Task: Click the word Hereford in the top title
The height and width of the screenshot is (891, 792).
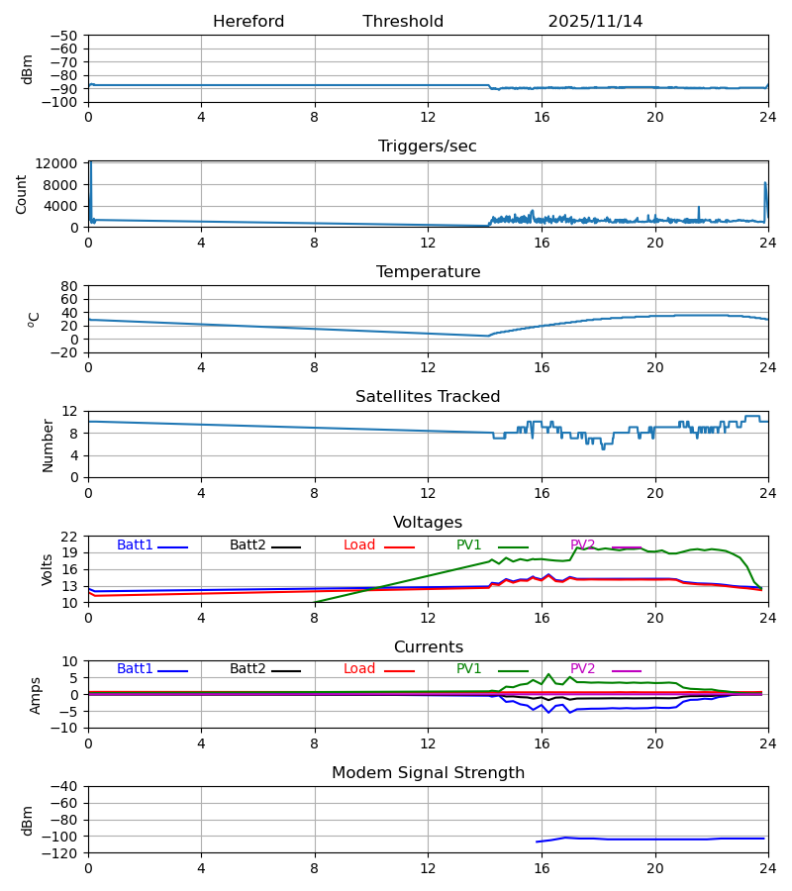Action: point(248,22)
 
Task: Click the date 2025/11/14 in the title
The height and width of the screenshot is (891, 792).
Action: point(595,22)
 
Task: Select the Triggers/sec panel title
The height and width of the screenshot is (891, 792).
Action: point(427,147)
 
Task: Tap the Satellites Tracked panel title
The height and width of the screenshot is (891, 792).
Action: point(427,397)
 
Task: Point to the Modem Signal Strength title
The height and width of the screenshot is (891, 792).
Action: point(427,773)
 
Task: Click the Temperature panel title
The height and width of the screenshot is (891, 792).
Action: point(427,272)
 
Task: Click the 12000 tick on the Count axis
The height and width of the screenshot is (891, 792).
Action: point(61,163)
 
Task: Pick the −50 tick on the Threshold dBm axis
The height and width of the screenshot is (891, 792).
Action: point(66,36)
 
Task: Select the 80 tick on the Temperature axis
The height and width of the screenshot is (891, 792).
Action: point(69,286)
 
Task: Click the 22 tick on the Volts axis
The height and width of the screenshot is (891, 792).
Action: point(69,537)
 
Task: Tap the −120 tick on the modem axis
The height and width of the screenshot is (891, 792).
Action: point(62,853)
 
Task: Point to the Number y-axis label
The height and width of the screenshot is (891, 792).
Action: point(48,445)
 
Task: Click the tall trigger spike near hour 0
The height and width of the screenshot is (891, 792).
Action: point(90,168)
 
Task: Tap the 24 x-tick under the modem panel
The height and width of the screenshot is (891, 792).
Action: point(767,868)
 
